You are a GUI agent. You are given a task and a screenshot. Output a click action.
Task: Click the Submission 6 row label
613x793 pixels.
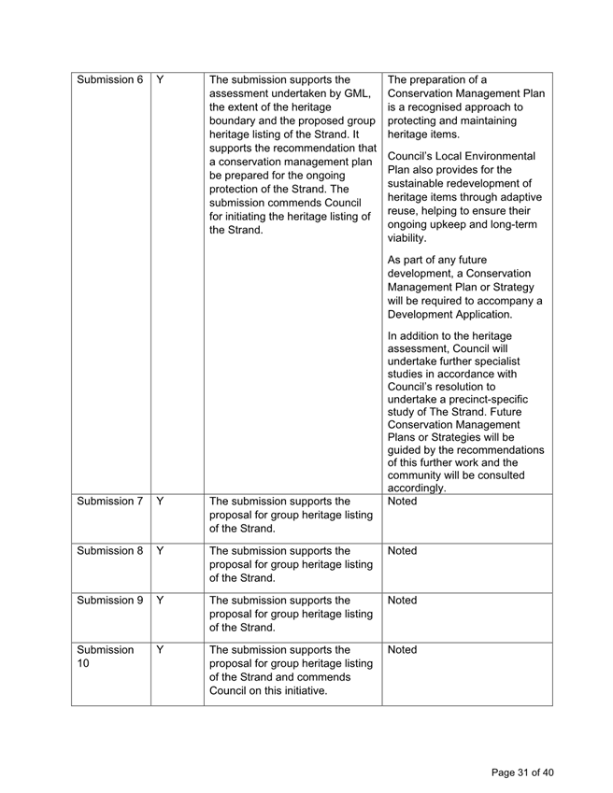point(109,79)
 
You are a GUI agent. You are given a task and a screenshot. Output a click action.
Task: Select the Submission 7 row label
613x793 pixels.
point(109,502)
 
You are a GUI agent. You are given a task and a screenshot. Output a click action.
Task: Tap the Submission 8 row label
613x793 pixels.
point(109,551)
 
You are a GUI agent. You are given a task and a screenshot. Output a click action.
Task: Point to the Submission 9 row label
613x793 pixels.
point(109,601)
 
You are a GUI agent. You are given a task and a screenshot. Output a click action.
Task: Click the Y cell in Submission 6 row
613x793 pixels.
point(161,79)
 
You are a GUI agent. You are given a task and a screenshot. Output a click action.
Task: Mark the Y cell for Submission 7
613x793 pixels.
point(161,502)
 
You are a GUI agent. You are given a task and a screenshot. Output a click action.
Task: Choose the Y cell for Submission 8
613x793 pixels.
point(161,551)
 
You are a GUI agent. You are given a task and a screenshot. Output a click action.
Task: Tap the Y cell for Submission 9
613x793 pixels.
point(161,601)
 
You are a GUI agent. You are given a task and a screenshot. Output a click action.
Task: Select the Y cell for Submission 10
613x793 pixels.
point(161,650)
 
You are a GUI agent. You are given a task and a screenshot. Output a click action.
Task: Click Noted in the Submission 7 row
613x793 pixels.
point(402,502)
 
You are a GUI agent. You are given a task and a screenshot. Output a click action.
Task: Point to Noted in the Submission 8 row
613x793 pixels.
point(402,551)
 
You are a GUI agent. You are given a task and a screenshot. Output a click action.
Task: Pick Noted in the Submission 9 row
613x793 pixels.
point(402,601)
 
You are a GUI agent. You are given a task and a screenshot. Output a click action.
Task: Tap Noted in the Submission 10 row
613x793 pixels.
point(402,650)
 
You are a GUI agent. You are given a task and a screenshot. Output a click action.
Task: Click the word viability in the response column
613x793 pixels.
point(406,239)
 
